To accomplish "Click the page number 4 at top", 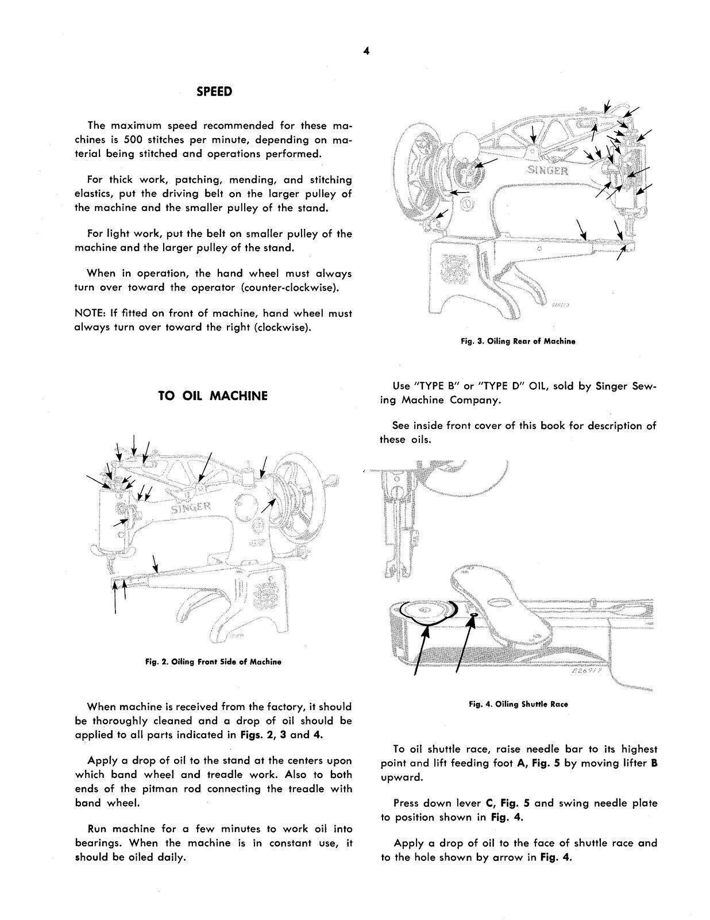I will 366,51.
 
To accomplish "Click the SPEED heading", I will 214,91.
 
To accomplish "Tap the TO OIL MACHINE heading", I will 213,396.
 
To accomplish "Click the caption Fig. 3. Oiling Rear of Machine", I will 518,341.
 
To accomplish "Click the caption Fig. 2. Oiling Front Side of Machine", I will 213,662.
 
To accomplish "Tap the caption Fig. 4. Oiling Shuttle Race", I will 518,704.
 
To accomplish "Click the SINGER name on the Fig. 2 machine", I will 191,508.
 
